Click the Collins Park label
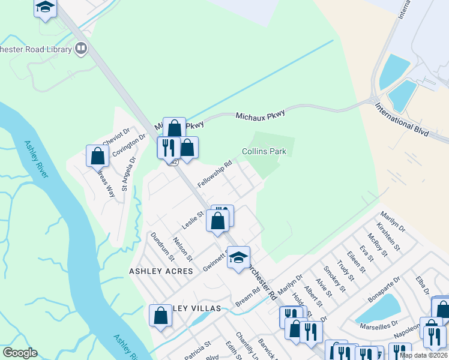264,152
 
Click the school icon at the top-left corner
45,8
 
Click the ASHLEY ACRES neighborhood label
161,271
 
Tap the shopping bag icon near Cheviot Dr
97,156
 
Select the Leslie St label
193,223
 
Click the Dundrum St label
162,247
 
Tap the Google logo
20,353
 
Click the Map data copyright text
424,355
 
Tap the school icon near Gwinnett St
238,257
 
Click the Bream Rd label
247,297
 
